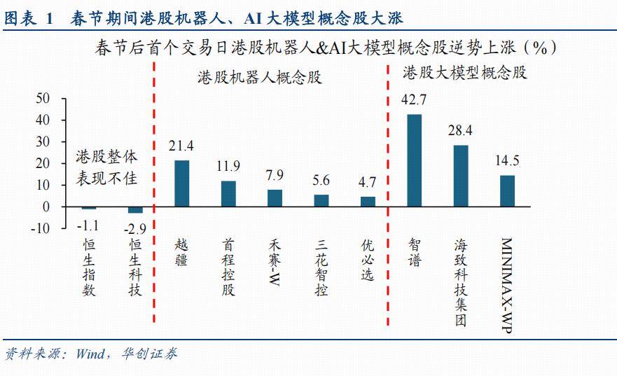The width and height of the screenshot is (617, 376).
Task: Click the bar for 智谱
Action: tap(414, 160)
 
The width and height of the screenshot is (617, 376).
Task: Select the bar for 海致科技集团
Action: tap(460, 176)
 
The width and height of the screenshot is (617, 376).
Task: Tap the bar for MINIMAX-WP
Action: tap(506, 190)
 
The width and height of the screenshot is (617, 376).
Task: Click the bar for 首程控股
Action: tap(228, 194)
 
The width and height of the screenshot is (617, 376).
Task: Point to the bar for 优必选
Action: tap(368, 202)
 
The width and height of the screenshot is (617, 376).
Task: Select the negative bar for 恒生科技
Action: tap(135, 209)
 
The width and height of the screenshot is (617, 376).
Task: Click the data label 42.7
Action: tap(414, 99)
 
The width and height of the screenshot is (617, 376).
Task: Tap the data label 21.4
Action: tap(181, 146)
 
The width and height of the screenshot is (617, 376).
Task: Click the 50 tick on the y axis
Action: tap(43, 99)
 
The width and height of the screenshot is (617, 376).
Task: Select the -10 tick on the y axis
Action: tap(40, 228)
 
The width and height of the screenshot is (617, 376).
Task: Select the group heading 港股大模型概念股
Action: tap(464, 72)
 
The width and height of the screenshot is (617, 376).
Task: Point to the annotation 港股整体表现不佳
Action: tap(106, 167)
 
